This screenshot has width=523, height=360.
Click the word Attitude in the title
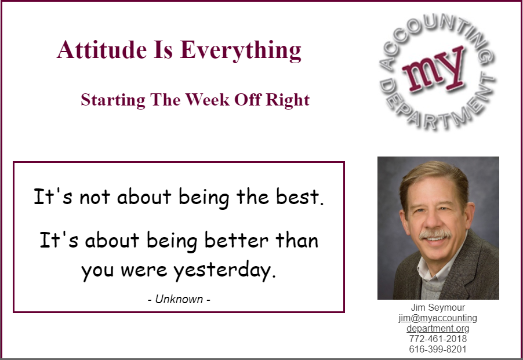click(x=101, y=50)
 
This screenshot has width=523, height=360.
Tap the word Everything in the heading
click(x=241, y=50)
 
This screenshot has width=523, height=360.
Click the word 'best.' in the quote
click(x=300, y=196)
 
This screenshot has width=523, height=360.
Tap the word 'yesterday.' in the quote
click(x=225, y=270)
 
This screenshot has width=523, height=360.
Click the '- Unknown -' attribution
click(x=179, y=299)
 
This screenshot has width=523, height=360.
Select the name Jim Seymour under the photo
click(x=438, y=307)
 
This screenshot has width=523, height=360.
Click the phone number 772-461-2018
click(x=438, y=339)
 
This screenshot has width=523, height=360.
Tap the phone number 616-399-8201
click(x=438, y=349)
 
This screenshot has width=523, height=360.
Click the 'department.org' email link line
click(x=438, y=328)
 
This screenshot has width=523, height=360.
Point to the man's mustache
click(x=435, y=234)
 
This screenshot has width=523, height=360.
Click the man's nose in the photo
click(x=433, y=221)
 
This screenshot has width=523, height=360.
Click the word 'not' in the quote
click(x=95, y=197)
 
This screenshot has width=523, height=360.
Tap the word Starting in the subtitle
click(x=113, y=100)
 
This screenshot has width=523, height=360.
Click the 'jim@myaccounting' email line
click(x=438, y=318)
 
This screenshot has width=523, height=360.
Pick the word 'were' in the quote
click(x=144, y=270)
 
